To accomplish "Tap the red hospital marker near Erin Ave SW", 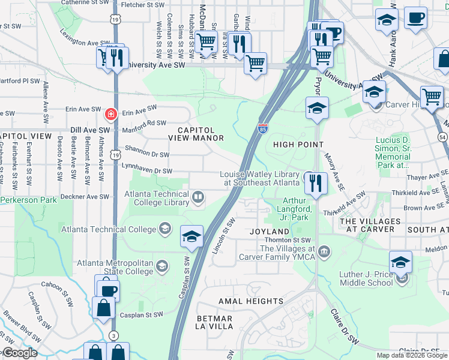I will click(110, 113).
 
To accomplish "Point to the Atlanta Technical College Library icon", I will click(197, 196).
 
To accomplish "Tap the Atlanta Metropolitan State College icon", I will click(161, 266).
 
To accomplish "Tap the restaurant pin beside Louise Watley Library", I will click(315, 182).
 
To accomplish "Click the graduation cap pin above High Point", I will click(316, 109).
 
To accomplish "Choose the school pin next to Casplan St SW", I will click(191, 236).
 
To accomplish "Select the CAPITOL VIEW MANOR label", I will click(200, 134).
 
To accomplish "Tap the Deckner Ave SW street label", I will click(84, 196).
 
